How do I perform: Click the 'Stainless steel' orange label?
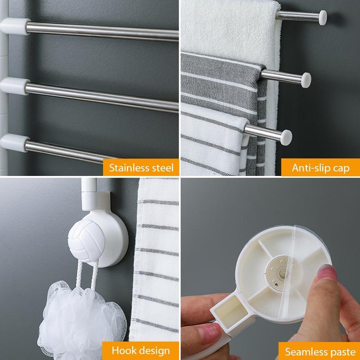pos(140,168)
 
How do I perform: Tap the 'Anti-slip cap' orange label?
pos(320,168)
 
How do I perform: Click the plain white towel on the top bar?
pos(225,27)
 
